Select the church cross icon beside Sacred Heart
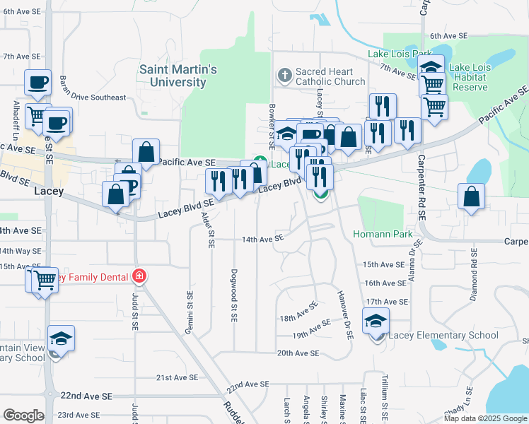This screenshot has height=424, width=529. click(284, 75)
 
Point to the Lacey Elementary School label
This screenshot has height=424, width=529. click(443, 335)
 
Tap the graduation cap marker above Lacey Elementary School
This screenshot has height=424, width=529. click(376, 322)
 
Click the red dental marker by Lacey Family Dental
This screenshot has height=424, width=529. click(139, 276)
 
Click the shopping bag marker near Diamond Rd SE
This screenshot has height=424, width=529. click(471, 198)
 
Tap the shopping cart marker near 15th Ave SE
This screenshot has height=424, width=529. click(45, 281)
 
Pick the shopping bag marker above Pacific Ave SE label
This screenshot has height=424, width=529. click(145, 151)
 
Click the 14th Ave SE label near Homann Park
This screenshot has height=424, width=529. click(262, 240)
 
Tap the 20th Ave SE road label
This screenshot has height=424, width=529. click(295, 353)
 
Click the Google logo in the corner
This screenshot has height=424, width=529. click(23, 416)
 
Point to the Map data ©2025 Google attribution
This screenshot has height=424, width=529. click(484, 418)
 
